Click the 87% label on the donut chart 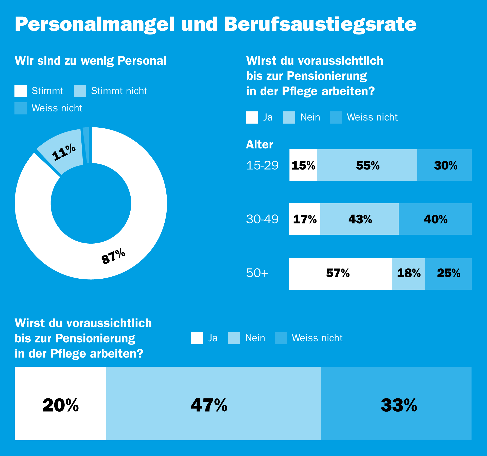pyautogui.click(x=113, y=256)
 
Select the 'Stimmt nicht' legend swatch pyautogui.click(x=80, y=91)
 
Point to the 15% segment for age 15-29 pyautogui.click(x=303, y=165)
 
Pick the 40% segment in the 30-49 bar pyautogui.click(x=435, y=219)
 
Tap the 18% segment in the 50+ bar pyautogui.click(x=408, y=274)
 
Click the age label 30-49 pyautogui.click(x=262, y=219)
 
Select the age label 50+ pyautogui.click(x=257, y=273)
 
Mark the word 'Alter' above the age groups pyautogui.click(x=259, y=144)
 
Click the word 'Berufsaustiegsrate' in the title pyautogui.click(x=320, y=24)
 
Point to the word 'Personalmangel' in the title pyautogui.click(x=95, y=24)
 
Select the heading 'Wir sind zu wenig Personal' pyautogui.click(x=91, y=61)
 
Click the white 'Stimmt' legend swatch pyautogui.click(x=21, y=91)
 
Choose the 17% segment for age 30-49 pyautogui.click(x=305, y=219)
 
